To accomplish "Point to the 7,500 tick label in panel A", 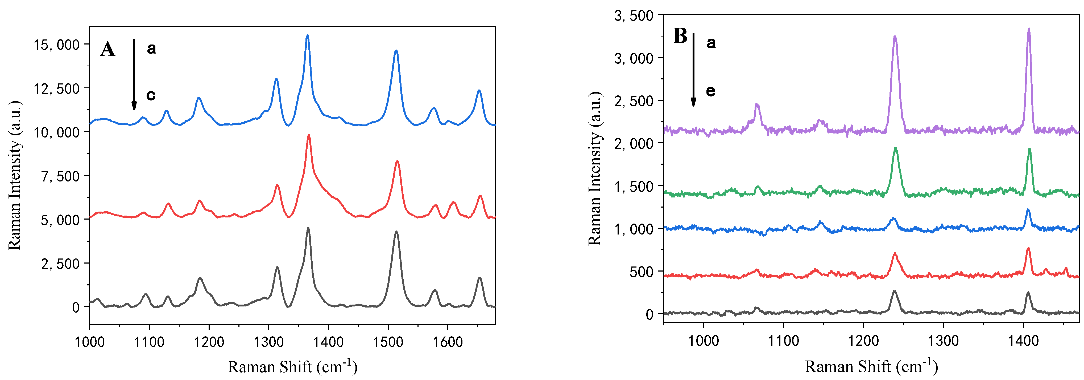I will (60, 176).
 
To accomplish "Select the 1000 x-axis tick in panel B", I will (703, 340).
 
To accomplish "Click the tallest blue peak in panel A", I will (307, 36).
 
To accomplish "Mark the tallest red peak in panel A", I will (309, 135).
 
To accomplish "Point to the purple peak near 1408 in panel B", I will (1029, 29).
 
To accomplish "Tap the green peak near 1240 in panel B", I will (895, 148).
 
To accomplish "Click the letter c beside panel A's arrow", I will (151, 95).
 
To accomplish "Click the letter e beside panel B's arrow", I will (710, 91).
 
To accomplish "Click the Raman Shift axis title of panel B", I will (871, 366).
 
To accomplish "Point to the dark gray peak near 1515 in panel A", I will (396, 232).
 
